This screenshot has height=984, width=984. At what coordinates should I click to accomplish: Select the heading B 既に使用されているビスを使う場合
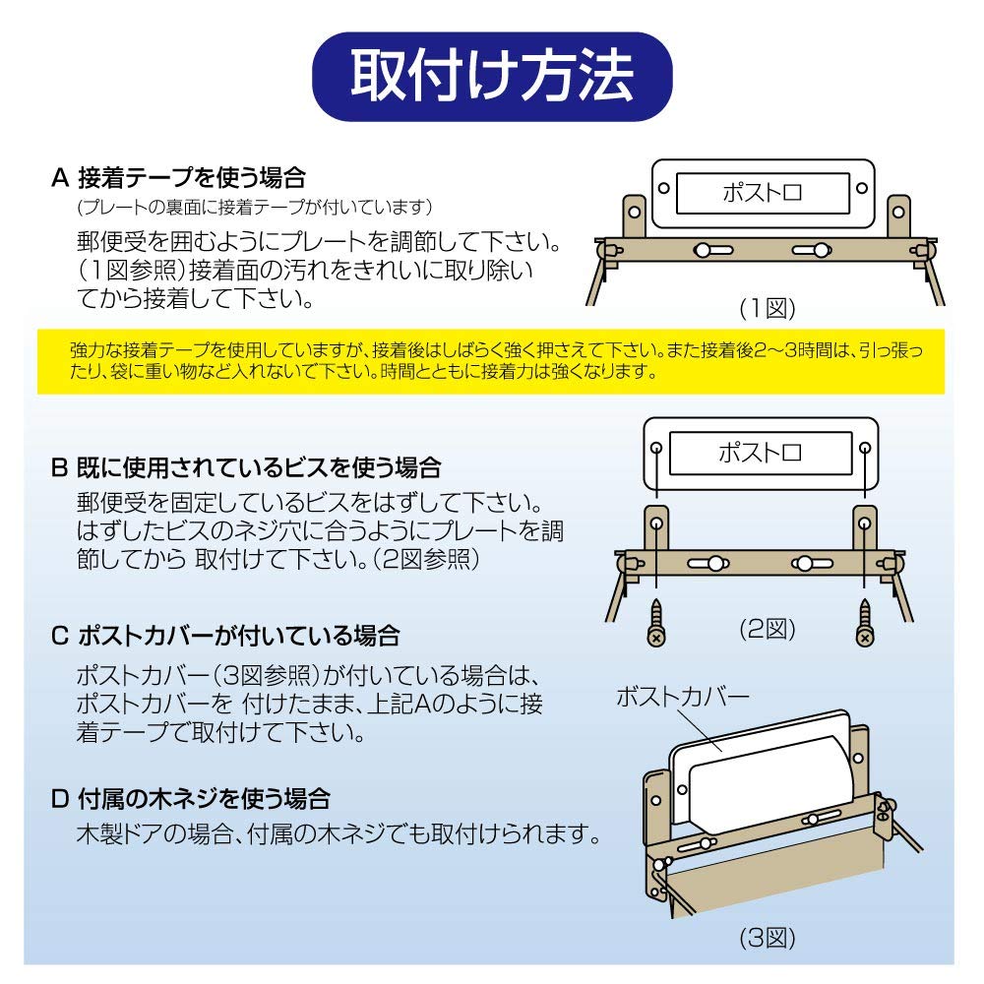click(246, 465)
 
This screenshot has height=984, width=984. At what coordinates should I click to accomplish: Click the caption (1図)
click(767, 308)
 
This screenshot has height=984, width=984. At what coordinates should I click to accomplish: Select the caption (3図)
click(767, 937)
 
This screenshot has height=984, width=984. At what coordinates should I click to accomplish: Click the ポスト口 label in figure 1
click(763, 193)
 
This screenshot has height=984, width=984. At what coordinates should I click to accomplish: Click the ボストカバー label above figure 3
click(682, 698)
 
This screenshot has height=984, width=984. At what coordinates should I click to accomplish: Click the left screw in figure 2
click(656, 620)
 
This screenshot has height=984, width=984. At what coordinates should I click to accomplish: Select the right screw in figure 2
click(864, 620)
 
